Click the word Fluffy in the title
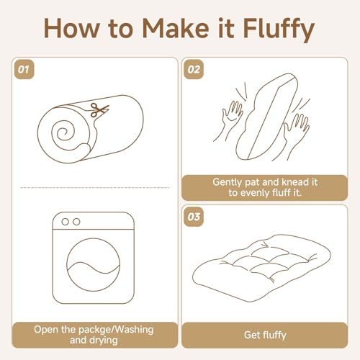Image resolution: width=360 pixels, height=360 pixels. (279, 30)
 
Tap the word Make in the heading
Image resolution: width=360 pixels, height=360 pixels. (176, 27)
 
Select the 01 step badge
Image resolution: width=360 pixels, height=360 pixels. (24, 70)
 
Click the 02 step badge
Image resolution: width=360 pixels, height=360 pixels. (194, 70)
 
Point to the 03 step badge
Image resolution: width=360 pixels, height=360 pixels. (194, 217)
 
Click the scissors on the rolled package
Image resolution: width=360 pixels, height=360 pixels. (99, 109)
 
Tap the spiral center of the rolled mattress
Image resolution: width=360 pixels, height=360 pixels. (63, 132)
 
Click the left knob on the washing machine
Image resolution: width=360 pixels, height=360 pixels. (65, 222)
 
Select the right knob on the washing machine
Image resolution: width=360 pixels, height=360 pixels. (76, 222)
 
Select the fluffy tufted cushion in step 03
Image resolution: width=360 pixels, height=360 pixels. (261, 265)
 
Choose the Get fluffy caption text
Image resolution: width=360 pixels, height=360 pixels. (265, 335)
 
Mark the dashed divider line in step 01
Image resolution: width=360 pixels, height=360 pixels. (95, 187)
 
